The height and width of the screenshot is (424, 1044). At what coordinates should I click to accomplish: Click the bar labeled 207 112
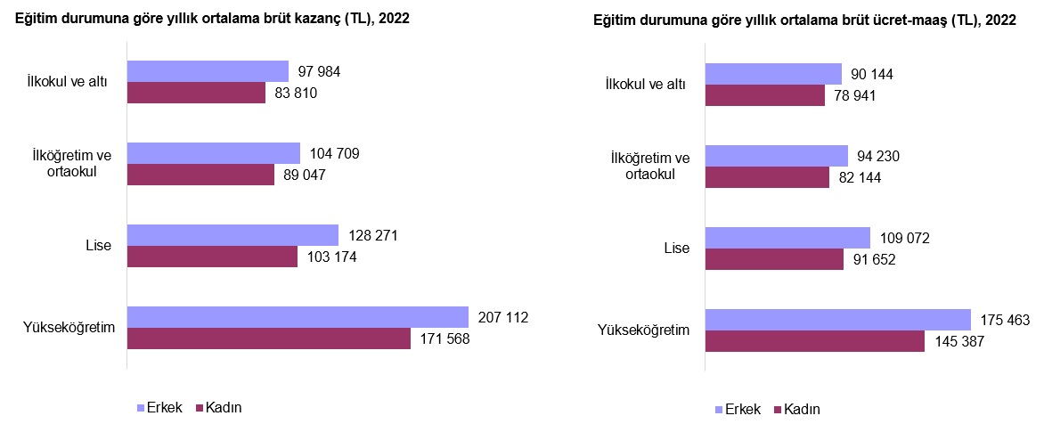pos(298,317)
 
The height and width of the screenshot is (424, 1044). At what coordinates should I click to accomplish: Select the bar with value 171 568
pos(269,338)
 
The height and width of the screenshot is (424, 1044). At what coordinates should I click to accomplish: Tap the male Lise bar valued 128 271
pos(232,235)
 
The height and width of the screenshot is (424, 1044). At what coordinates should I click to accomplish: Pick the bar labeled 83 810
pos(196,93)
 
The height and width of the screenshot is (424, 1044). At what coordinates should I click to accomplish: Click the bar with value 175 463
pos(837,320)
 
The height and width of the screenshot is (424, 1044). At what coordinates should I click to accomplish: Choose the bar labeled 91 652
pos(774,259)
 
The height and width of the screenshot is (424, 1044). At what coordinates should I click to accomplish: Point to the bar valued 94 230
pos(776,156)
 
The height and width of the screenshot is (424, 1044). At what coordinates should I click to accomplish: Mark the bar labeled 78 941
pos(764,95)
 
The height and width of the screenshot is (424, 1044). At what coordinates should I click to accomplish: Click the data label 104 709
pos(334,154)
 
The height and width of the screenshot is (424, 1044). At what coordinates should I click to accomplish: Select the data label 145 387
pos(957,341)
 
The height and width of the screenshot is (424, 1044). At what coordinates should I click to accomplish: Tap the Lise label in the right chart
pos(677,249)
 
